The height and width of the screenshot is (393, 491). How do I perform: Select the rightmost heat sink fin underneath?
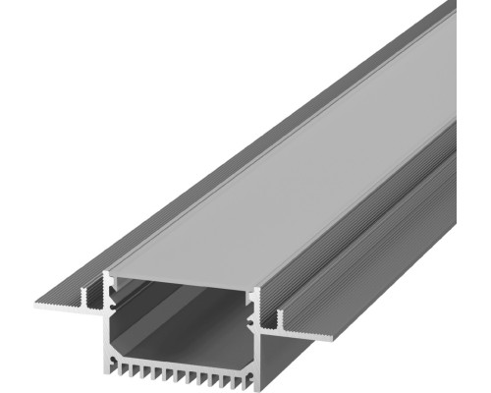(x=240, y=379)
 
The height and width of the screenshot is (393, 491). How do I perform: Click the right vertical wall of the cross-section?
(x=256, y=334)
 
